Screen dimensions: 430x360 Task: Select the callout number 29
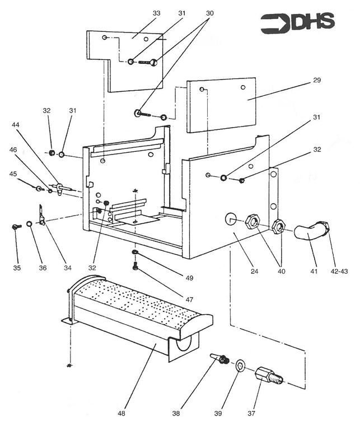[316, 81]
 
